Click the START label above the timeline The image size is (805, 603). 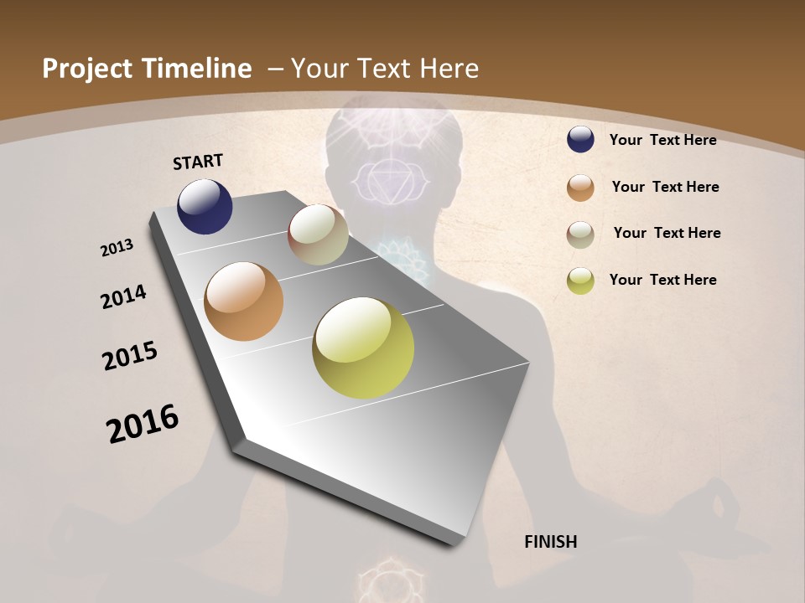(198, 161)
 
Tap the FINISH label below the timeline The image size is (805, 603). (550, 542)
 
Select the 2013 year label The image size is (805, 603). (117, 248)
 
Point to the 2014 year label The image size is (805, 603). (124, 297)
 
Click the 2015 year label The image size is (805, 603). (130, 356)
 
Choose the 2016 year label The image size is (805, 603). (143, 424)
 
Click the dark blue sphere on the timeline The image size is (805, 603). (205, 207)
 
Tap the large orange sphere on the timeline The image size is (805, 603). (243, 301)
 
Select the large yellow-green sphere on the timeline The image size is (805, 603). (363, 348)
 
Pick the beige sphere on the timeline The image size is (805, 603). (318, 234)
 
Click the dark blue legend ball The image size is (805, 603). (580, 140)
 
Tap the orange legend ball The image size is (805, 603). (580, 188)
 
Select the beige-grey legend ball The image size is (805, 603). (580, 234)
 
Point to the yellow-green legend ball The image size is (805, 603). (580, 281)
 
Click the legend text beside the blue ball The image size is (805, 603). (662, 140)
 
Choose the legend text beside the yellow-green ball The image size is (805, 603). (662, 280)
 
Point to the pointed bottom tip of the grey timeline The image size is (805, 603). (453, 544)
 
